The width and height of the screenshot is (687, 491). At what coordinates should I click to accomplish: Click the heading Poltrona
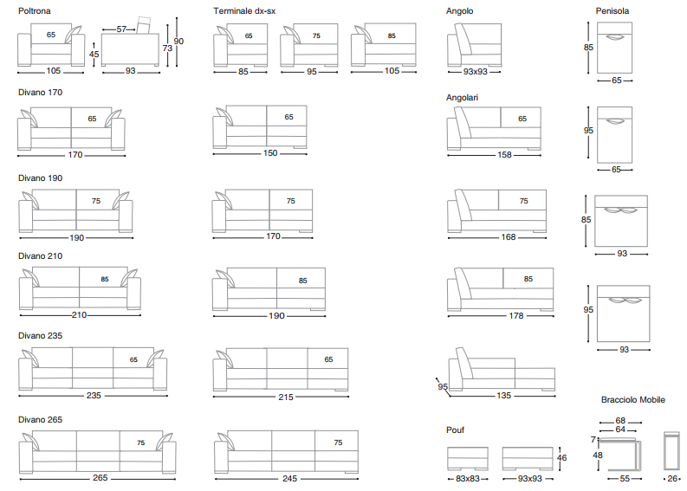[35, 11]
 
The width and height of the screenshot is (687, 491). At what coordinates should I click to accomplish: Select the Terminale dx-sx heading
[245, 11]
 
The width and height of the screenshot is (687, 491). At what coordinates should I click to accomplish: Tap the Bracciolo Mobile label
[633, 399]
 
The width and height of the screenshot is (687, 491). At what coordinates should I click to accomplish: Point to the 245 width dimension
[288, 478]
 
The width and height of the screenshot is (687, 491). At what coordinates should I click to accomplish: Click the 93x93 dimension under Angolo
[475, 72]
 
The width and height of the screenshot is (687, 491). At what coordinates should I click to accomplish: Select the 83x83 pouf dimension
[469, 478]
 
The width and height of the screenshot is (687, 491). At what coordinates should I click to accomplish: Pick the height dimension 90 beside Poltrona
[178, 41]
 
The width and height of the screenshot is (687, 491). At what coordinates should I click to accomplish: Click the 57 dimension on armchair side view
[121, 29]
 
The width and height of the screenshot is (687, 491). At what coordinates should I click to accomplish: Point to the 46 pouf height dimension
[561, 458]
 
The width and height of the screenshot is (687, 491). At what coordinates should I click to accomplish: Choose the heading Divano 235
[40, 335]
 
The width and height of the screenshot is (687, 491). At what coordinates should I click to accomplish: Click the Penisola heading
[612, 11]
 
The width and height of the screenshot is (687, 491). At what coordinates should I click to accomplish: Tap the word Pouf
[457, 429]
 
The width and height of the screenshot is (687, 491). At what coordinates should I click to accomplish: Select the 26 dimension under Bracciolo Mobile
[673, 478]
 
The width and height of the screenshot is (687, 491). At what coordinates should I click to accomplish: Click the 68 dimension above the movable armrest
[620, 421]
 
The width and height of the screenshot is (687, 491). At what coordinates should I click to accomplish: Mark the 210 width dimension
[80, 315]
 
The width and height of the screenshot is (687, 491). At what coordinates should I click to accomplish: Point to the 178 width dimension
[516, 315]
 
